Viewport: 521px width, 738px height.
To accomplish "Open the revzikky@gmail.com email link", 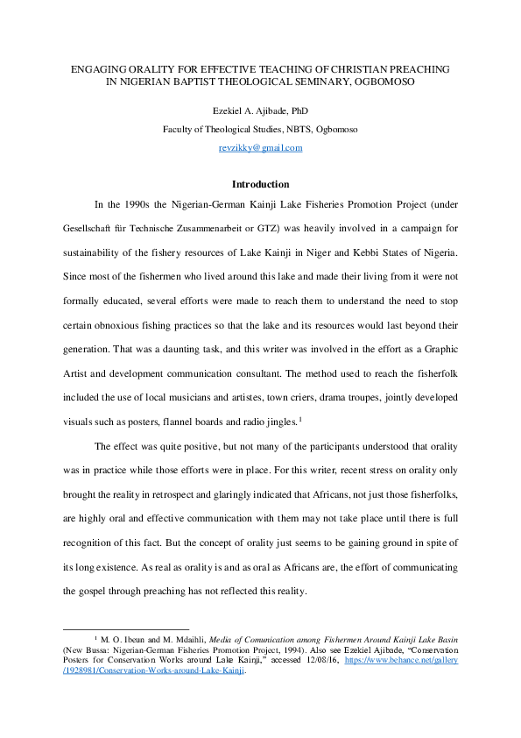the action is pyautogui.click(x=260, y=147).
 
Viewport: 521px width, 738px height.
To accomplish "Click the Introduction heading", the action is pyautogui.click(x=260, y=184).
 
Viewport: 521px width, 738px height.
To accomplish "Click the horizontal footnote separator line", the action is pyautogui.click(x=126, y=629).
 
